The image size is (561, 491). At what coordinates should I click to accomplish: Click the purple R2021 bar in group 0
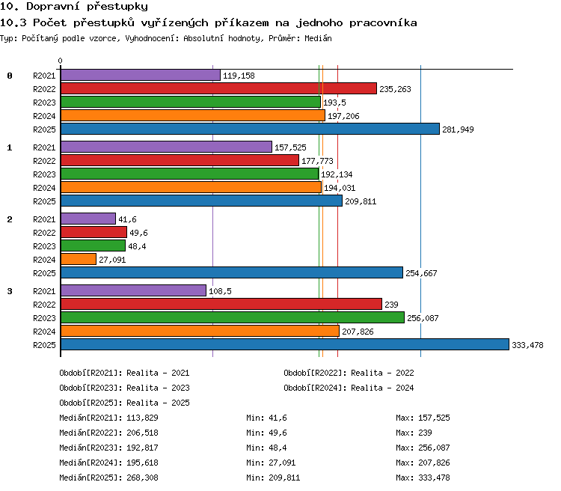coord(141,75)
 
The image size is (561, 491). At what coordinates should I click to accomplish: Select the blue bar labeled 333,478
coord(285,344)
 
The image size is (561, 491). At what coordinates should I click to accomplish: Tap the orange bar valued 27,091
coord(79,259)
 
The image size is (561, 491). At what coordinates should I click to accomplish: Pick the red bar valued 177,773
coord(180,160)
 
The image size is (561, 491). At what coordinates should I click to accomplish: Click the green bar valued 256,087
coord(233,317)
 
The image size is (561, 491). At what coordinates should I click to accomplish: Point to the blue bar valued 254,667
coord(232,272)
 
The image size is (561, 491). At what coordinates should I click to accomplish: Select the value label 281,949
coord(458,129)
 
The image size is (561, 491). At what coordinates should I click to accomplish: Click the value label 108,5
coord(220,291)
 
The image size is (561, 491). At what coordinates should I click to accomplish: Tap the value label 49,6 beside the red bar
coord(138,233)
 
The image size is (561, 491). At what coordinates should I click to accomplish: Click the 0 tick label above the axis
coord(60,61)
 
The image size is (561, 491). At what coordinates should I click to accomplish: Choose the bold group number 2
coord(10,219)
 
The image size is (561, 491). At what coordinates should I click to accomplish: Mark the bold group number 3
coord(10,291)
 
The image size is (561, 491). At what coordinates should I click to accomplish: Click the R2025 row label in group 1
coord(44,201)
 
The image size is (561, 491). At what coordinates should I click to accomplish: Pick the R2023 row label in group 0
coord(44,103)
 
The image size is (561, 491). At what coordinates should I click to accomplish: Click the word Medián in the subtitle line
coord(318,38)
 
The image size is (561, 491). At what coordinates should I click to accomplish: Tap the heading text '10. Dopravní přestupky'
coord(74,7)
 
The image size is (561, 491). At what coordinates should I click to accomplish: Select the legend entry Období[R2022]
coord(349,373)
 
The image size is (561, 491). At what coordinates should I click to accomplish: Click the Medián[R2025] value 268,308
coord(142,478)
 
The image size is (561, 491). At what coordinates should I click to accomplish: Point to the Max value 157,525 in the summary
coord(434,418)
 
